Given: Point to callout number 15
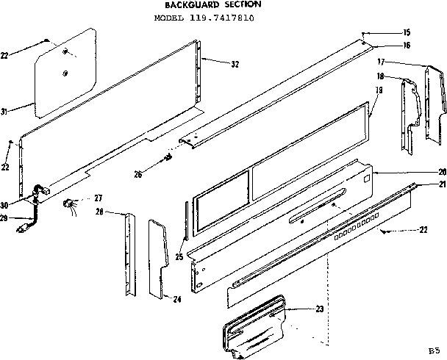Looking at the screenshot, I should [407, 33].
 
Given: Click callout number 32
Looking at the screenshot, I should [235, 64].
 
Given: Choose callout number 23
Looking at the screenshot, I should [319, 309].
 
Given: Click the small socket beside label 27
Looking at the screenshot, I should [72, 204].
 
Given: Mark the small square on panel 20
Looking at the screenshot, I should [365, 177].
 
